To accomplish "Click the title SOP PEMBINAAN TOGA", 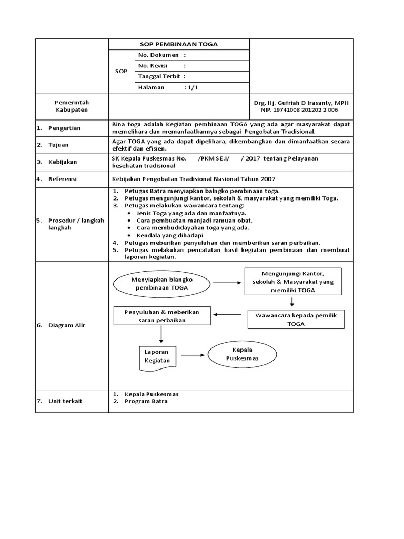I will [x=178, y=44].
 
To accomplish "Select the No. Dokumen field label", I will [x=159, y=55].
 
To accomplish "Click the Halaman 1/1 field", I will [x=167, y=88].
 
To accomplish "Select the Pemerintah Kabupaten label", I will [x=72, y=106].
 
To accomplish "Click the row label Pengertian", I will [x=64, y=128].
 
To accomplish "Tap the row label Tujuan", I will [x=59, y=145].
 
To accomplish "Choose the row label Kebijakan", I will [x=63, y=162].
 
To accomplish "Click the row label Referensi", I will [x=63, y=179].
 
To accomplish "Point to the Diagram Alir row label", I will [x=66, y=325].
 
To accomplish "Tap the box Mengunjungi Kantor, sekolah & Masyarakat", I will [x=292, y=282].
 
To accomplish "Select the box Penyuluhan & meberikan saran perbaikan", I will [x=161, y=316].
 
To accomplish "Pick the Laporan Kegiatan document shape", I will [x=158, y=356].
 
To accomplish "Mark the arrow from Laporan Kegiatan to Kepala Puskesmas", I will [x=192, y=355].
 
